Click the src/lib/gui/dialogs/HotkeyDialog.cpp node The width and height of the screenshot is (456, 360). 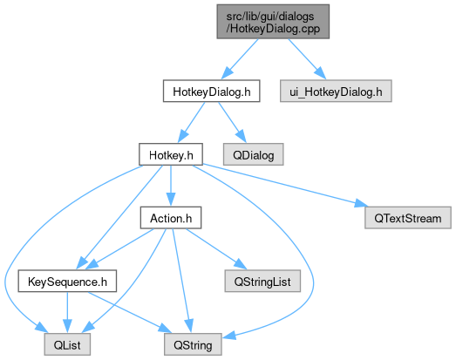pos(273,22)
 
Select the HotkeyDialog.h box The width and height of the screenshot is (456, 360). pos(211,91)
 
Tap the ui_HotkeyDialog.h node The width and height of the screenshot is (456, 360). pos(336,91)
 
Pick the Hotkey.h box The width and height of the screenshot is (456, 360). pos(171,154)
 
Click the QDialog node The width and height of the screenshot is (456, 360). pos(254,154)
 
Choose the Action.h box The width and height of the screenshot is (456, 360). pos(171,218)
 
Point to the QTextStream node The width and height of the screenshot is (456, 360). pos(408,218)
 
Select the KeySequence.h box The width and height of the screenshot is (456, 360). pos(67,282)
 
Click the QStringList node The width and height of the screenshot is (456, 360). pos(262,282)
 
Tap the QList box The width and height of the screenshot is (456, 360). pos(67,344)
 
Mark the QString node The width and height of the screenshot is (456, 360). pos(193,344)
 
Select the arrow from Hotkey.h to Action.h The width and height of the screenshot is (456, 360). pos(171,187)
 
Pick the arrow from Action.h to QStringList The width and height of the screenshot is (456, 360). pos(216,249)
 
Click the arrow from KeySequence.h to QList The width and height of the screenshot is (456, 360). pos(67,313)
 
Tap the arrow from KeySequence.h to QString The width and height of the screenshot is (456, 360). pos(130,313)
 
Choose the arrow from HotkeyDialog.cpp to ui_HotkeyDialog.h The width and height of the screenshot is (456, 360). pos(307,59)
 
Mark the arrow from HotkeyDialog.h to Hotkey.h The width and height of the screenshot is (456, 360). pos(191,122)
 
